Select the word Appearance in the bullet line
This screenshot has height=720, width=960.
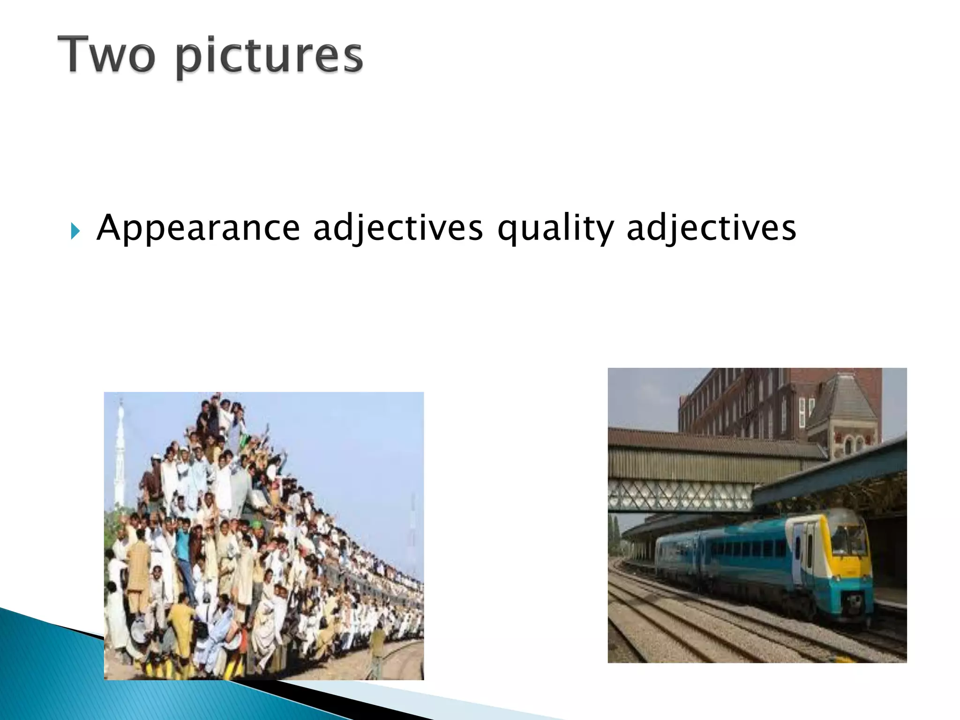[198, 228]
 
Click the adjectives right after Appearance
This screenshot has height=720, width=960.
[397, 229]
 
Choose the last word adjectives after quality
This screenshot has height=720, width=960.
[711, 229]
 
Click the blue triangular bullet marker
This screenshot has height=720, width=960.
[75, 231]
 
